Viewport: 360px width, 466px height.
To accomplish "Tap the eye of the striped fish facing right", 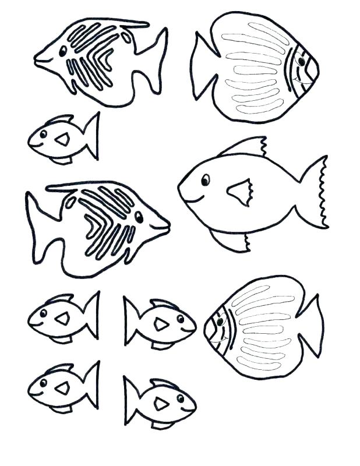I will point(139,217).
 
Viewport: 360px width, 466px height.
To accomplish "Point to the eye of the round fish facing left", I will point(220,319).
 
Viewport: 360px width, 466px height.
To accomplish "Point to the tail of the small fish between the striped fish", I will point(90,136).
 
